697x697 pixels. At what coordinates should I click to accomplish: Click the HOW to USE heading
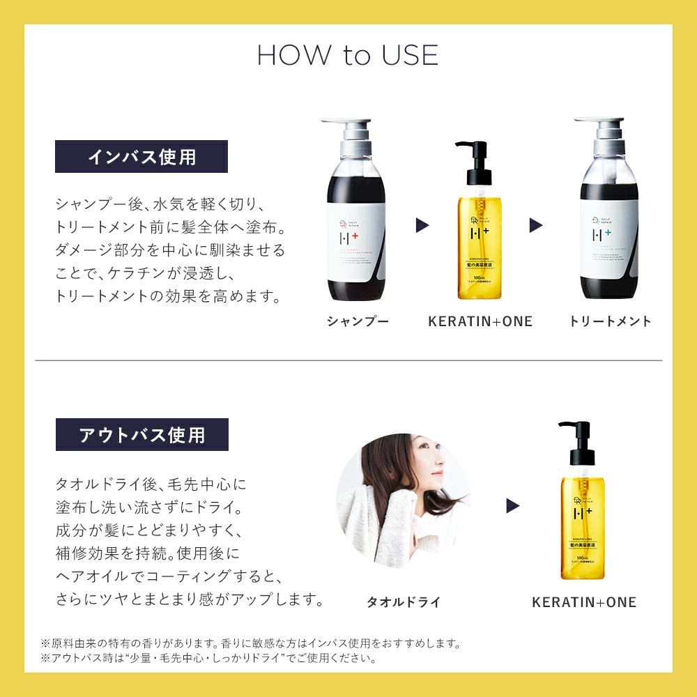348,56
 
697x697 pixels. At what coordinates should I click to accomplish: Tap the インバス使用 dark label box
141,157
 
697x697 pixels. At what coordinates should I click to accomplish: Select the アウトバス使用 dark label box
142,435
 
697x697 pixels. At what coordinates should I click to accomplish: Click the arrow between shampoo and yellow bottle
422,225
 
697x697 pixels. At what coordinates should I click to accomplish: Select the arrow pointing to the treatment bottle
535,225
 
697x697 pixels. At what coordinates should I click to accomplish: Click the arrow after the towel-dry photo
513,505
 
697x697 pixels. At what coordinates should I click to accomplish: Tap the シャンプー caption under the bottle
358,321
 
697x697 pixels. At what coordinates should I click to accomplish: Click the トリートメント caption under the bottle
610,321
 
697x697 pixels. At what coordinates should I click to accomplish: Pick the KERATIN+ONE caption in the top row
480,321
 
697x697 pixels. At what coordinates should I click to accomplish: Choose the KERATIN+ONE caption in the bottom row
584,602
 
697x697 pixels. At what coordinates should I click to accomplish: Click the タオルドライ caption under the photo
404,602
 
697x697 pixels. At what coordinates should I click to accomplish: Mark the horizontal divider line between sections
348,360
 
